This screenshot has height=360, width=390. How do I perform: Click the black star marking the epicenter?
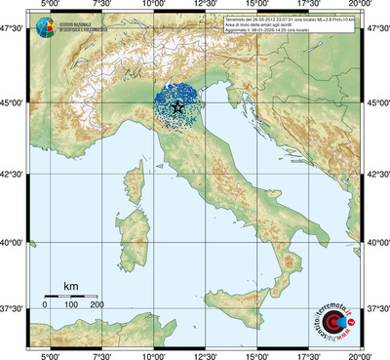click(176, 107)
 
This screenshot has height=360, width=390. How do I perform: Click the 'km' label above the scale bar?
click(70, 286)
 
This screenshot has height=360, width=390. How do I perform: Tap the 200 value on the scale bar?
click(97, 306)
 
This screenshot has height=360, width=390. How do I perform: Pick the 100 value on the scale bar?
click(71, 306)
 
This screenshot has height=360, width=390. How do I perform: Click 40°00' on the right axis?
click(377, 242)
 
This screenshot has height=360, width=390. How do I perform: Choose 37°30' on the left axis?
click(13, 308)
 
